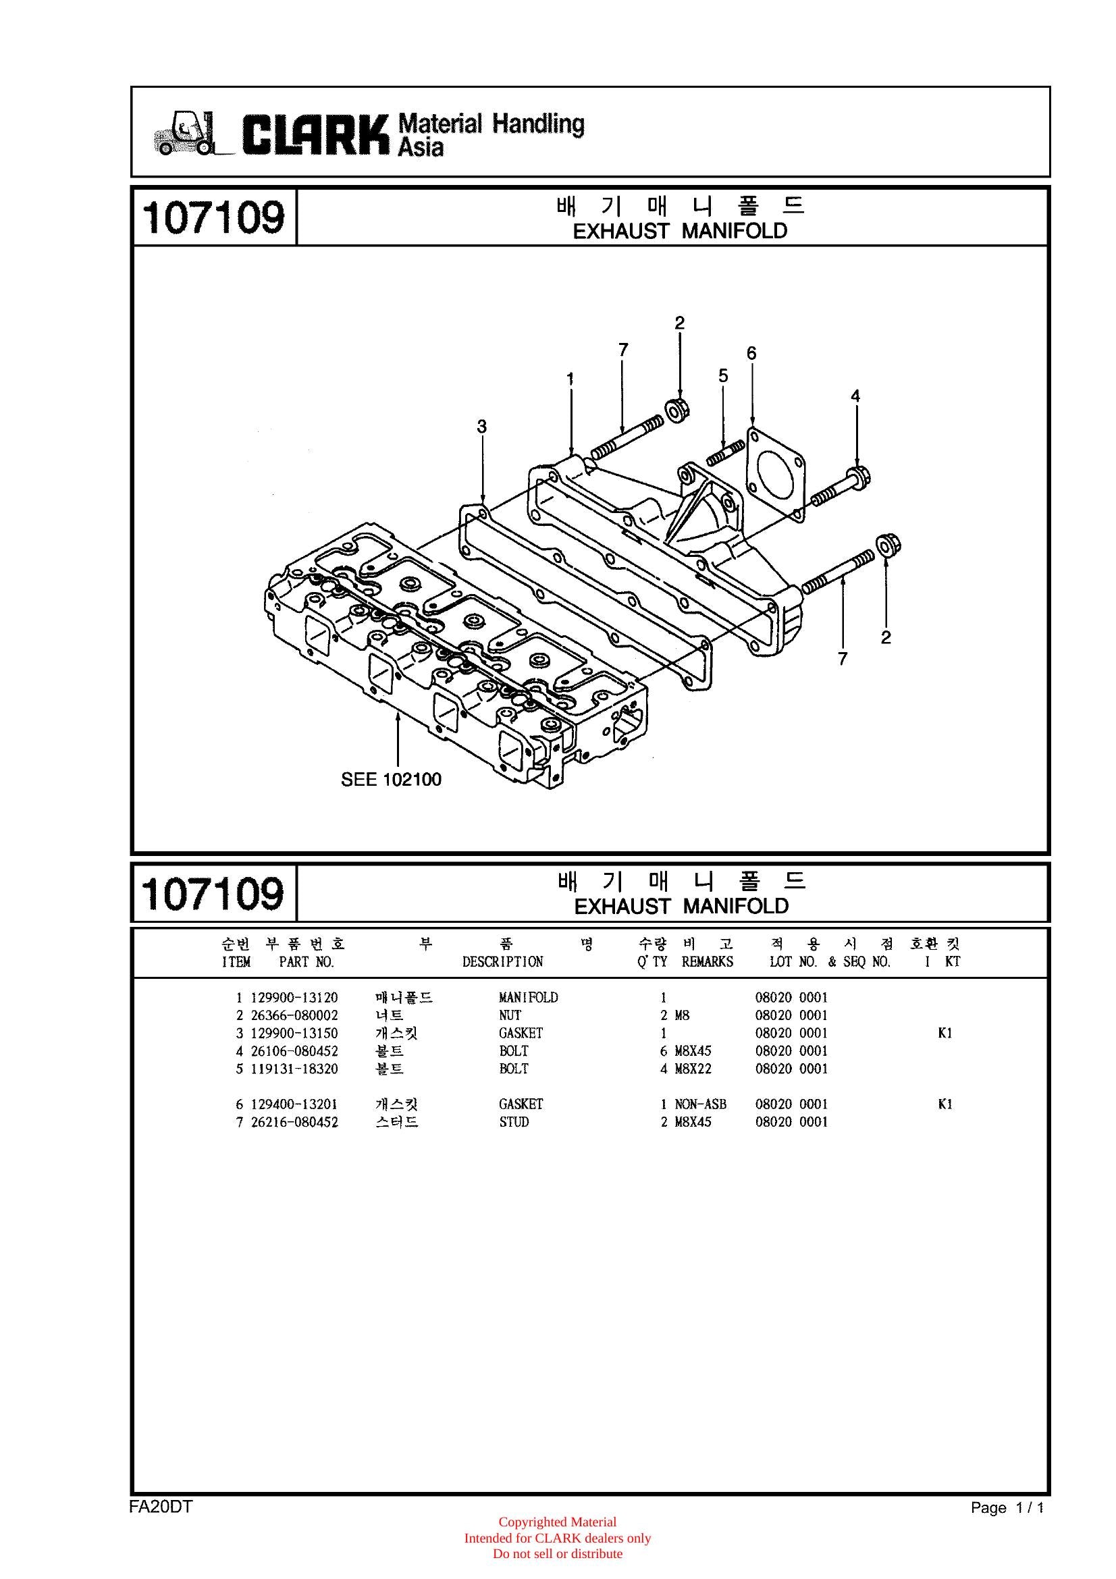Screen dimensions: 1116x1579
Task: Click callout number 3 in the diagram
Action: point(482,427)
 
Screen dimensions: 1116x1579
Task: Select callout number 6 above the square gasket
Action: point(751,354)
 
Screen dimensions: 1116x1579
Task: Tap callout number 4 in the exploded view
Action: point(855,396)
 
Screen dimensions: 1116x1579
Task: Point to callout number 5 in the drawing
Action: point(723,375)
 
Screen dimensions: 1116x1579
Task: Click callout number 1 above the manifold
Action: point(570,379)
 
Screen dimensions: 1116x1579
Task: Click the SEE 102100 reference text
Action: point(392,779)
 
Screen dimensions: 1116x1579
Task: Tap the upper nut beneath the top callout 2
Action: point(677,410)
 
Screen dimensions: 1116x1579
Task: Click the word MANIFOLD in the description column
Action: point(528,997)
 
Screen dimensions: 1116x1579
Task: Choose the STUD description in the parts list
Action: point(514,1122)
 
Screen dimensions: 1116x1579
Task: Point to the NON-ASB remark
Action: point(701,1104)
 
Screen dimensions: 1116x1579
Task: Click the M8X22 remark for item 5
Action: point(693,1069)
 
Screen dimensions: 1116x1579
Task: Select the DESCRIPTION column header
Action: point(503,961)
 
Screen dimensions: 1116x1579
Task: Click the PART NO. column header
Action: point(307,961)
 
